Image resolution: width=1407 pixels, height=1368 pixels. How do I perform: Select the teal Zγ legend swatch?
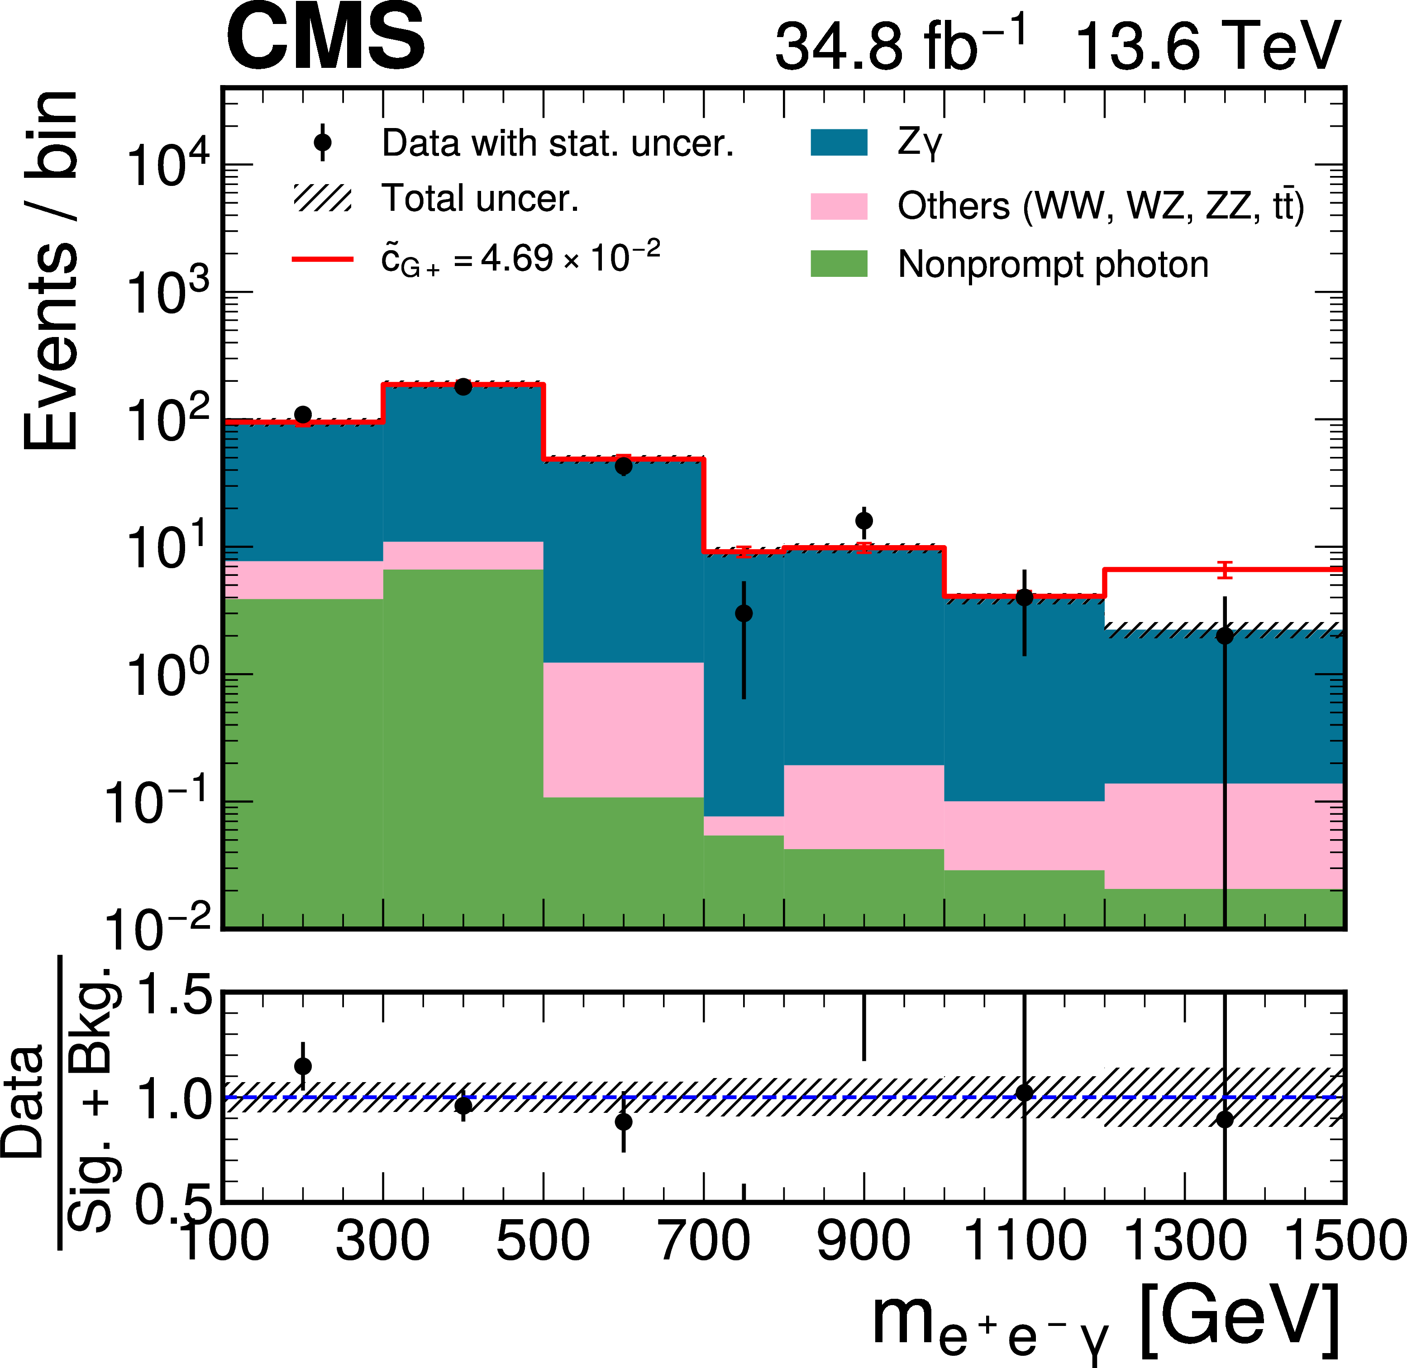coord(839,142)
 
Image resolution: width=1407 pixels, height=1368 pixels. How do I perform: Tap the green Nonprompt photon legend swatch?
coord(839,264)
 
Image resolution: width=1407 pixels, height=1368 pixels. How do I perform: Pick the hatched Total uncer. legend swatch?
coord(323,198)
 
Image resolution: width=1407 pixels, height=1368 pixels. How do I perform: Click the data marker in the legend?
coord(323,142)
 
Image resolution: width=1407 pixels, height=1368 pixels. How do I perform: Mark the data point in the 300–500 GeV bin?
coord(463,386)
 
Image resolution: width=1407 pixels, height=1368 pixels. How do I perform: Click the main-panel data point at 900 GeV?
coord(864,520)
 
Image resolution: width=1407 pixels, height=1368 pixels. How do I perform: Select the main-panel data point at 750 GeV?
coord(744,613)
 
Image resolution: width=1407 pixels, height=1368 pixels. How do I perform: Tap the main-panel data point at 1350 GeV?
coord(1225,636)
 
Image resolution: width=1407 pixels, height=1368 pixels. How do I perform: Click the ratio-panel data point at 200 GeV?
coord(303,1065)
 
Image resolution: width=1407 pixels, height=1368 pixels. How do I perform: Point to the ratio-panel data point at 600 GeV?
coord(624,1121)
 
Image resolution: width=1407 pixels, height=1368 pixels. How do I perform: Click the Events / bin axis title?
coord(50,271)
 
